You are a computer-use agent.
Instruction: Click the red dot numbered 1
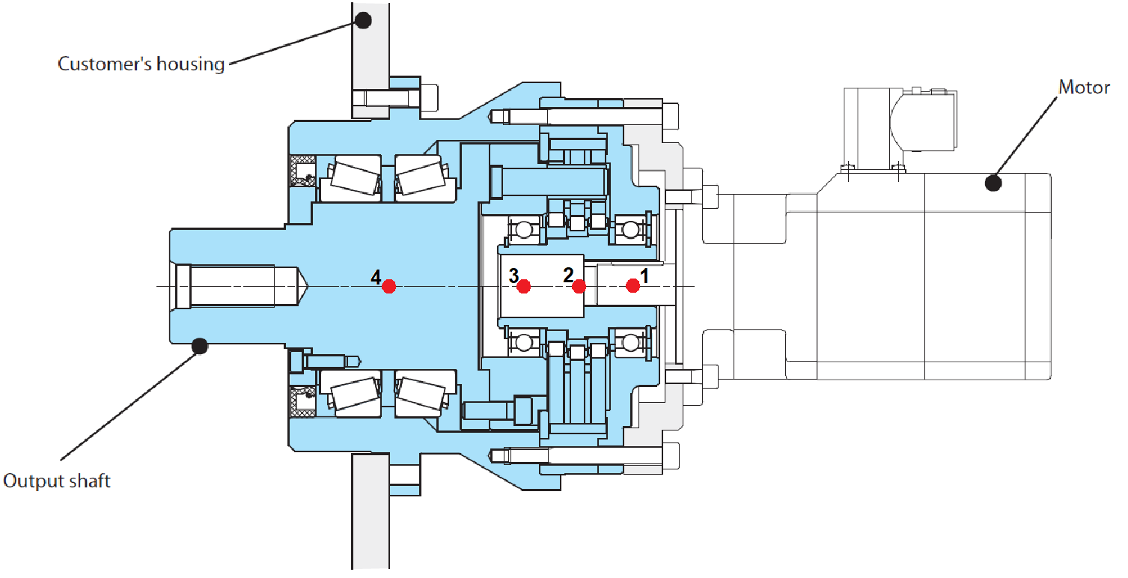coord(633,285)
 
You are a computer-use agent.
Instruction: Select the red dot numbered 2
coord(579,286)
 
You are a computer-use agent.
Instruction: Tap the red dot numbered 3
coord(524,286)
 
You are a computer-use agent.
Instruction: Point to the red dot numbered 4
coord(388,286)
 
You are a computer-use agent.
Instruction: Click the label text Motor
coord(1083,88)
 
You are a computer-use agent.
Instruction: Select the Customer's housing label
coord(141,64)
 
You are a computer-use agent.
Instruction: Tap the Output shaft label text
coord(57,481)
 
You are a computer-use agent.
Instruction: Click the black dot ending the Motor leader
coord(993,182)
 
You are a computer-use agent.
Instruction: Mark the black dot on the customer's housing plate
coord(364,20)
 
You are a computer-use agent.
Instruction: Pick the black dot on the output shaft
coord(199,345)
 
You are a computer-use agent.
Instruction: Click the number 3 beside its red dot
coord(513,276)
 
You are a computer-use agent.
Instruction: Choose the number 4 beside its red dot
coord(376,278)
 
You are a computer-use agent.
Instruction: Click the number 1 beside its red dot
coord(644,275)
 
